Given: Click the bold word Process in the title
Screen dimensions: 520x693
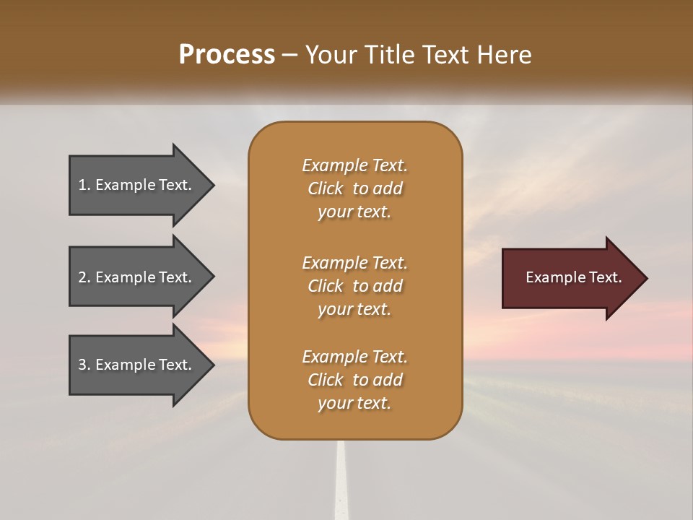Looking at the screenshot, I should [x=227, y=55].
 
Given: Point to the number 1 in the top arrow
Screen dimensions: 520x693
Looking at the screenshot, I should [x=82, y=185].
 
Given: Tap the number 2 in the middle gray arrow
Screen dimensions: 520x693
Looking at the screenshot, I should [x=82, y=277].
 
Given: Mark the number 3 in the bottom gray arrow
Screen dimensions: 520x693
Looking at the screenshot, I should [x=82, y=365].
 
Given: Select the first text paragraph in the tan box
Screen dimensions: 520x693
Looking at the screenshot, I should [x=354, y=188].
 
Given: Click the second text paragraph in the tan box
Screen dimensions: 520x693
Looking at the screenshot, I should [x=354, y=286].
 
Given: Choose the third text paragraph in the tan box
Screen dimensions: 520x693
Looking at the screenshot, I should [x=354, y=380].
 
